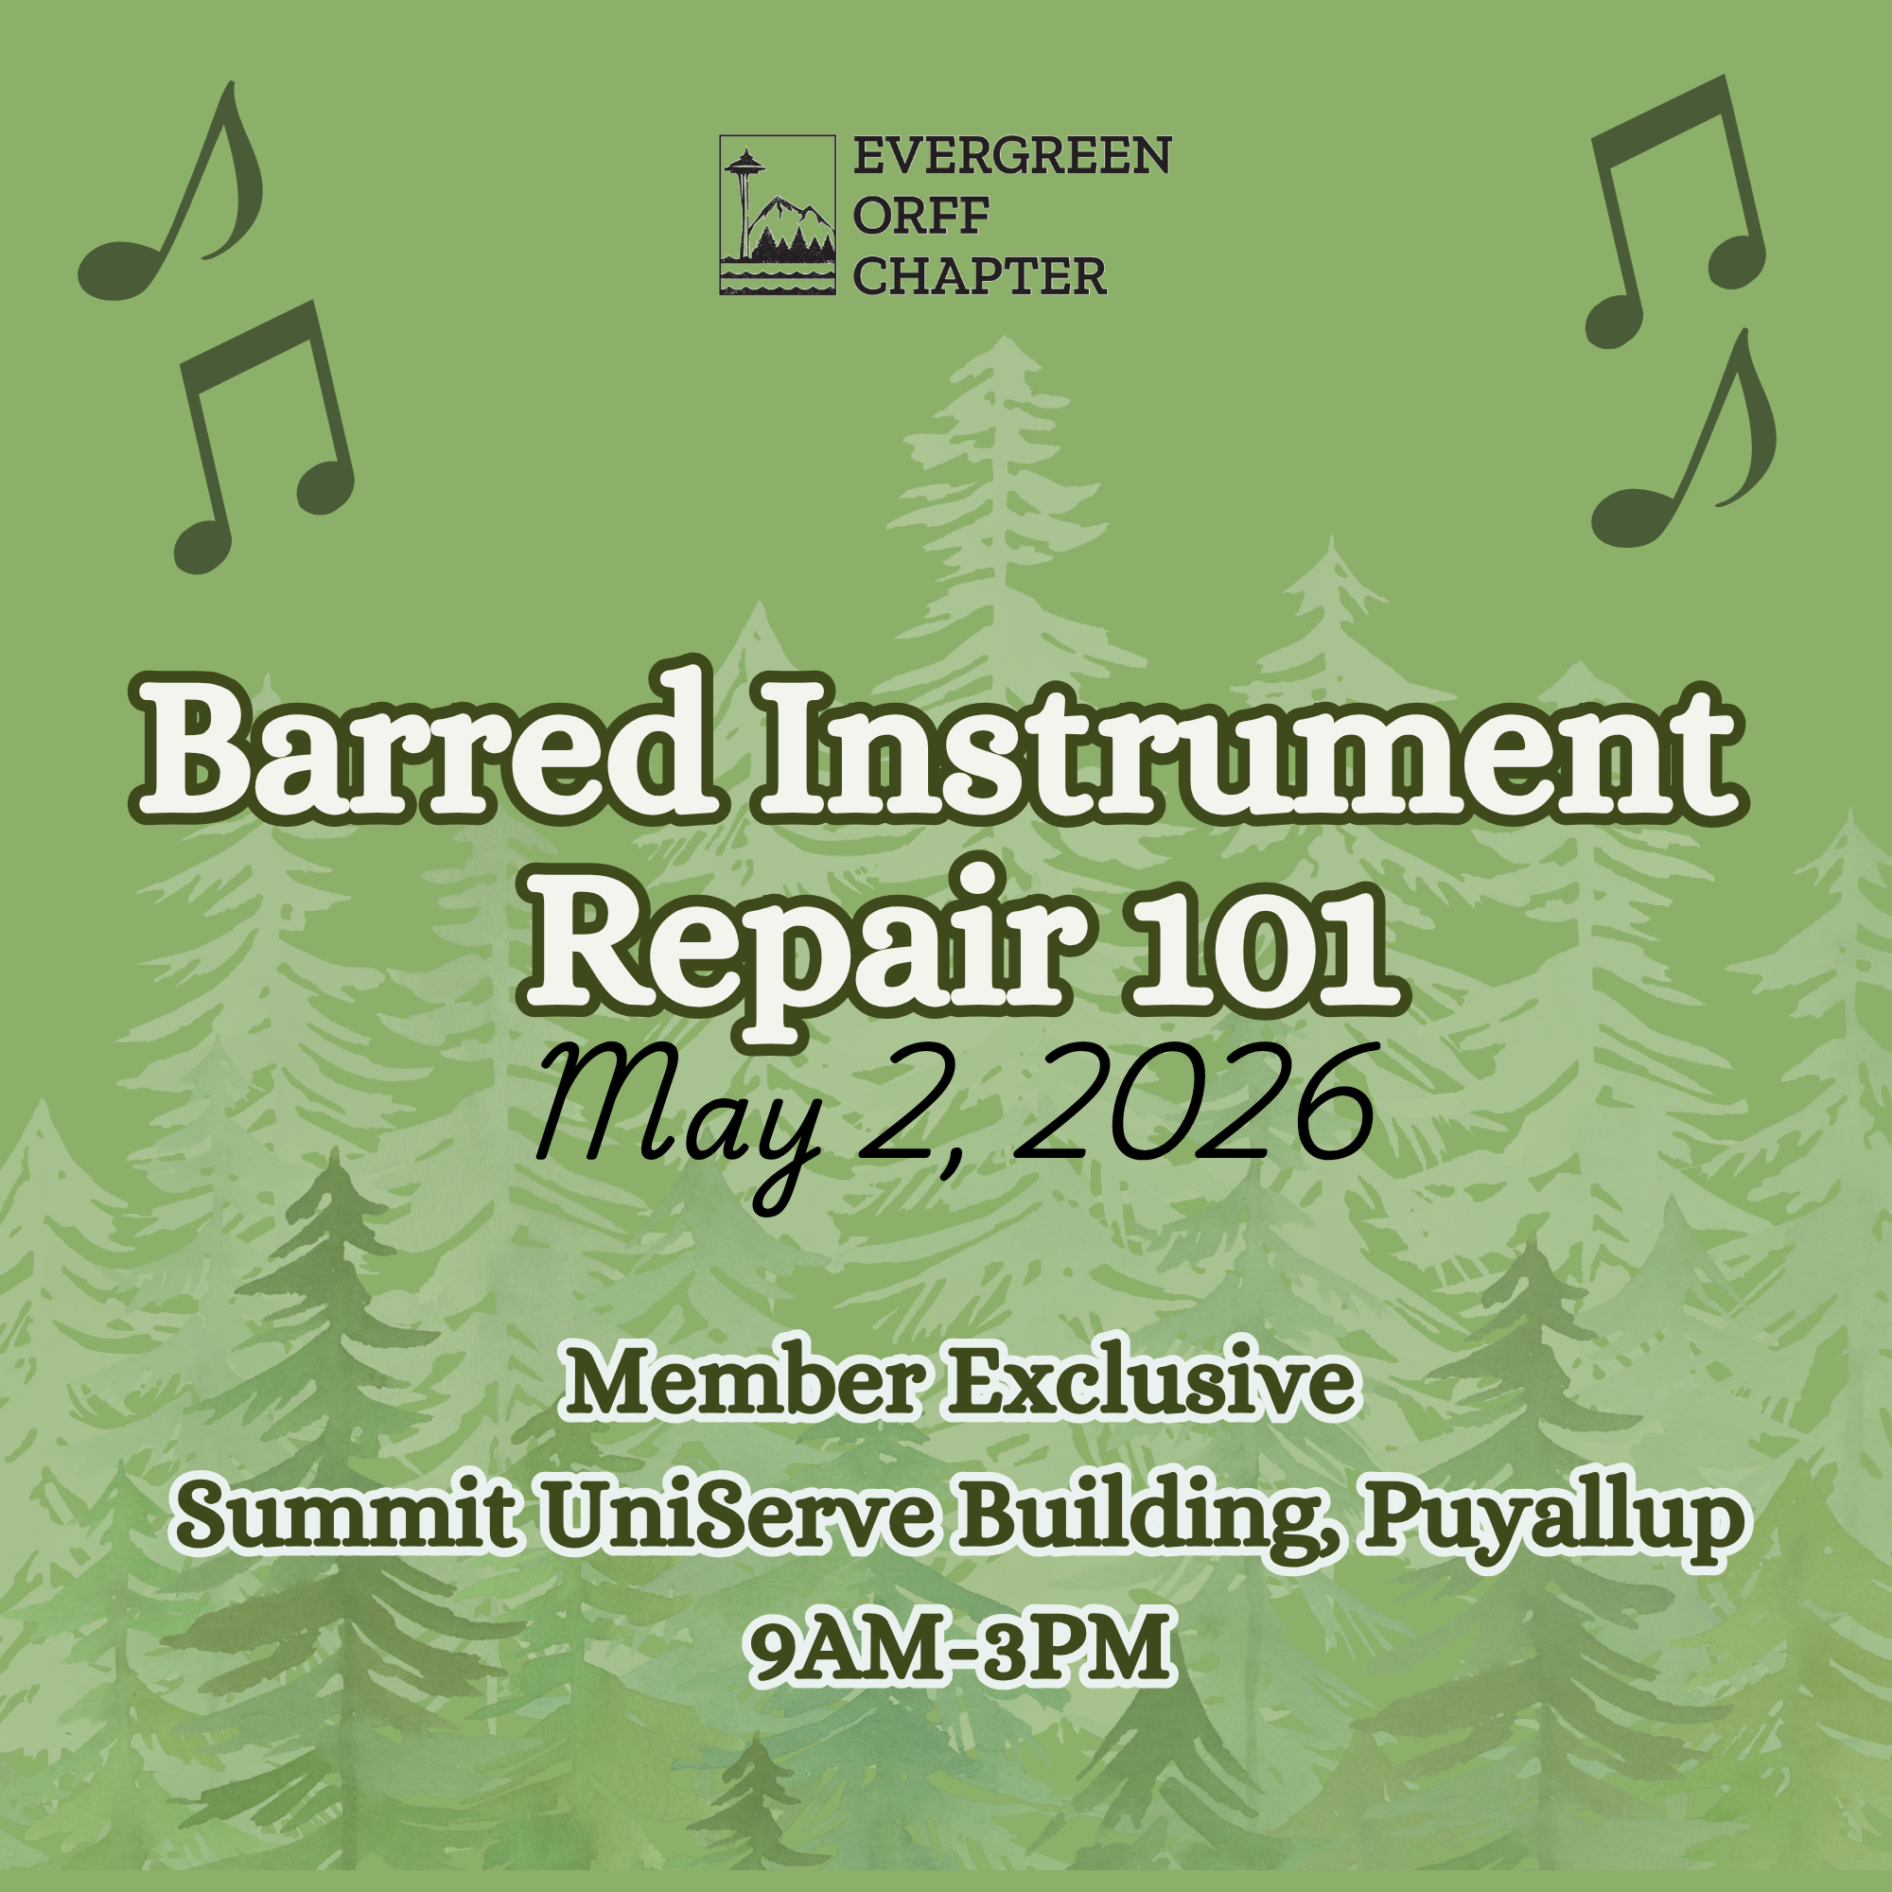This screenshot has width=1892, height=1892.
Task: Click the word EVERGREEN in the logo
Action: coord(1011,156)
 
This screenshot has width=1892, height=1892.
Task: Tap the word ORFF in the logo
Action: coord(920,217)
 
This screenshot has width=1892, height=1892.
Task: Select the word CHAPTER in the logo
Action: coord(979,277)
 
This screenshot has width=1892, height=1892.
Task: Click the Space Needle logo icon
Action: coord(778,216)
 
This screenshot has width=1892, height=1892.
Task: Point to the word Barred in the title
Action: coord(425,751)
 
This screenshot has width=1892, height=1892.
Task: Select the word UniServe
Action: coord(736,1519)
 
